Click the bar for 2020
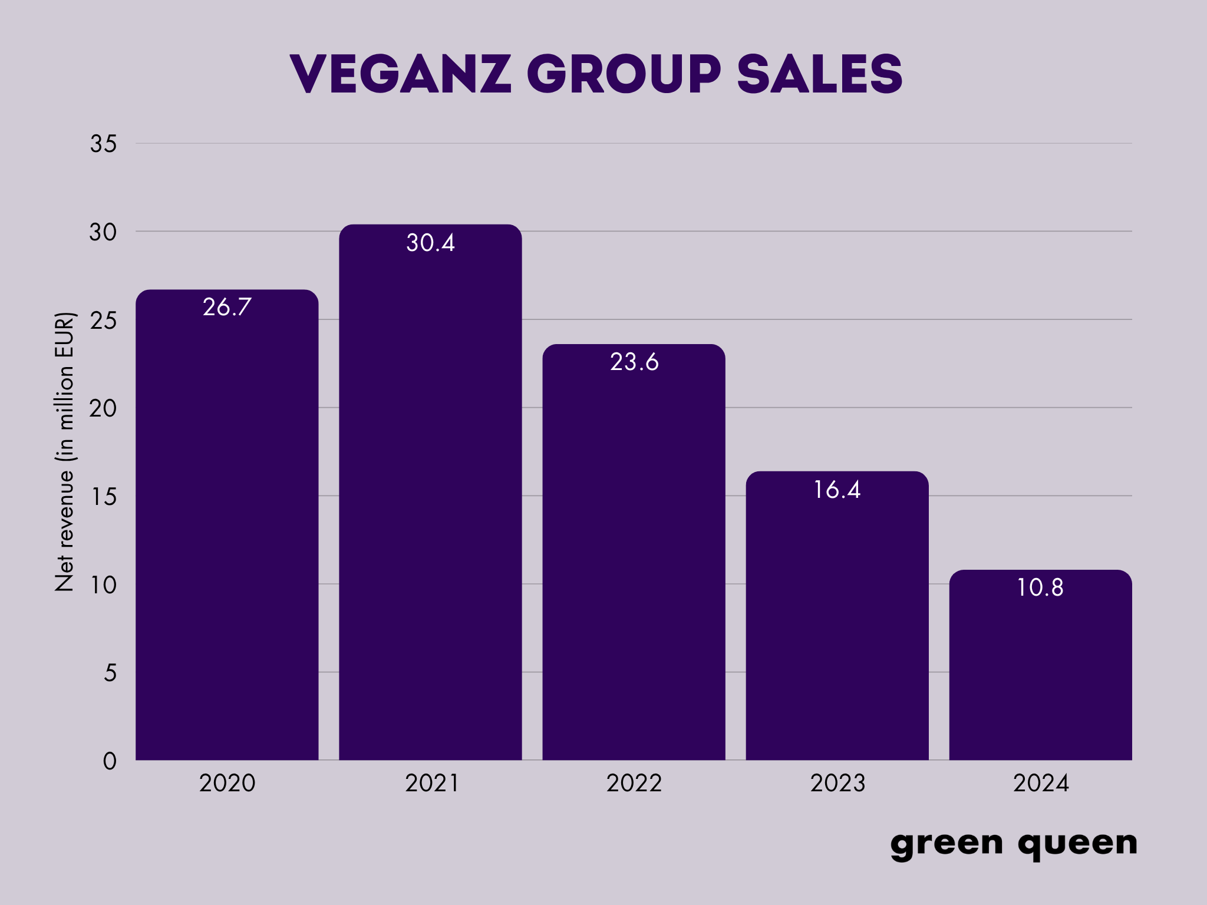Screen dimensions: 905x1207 pyautogui.click(x=227, y=530)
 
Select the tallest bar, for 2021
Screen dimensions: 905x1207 pyautogui.click(x=430, y=501)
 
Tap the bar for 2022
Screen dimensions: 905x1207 pyautogui.click(x=634, y=560)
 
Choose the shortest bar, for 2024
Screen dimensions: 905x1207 pyautogui.click(x=1040, y=672)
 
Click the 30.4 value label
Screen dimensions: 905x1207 pyautogui.click(x=430, y=243)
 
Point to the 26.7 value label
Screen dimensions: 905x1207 pyautogui.click(x=227, y=307)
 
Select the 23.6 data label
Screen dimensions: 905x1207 pyautogui.click(x=634, y=362)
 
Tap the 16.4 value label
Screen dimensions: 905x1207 pyautogui.click(x=837, y=490)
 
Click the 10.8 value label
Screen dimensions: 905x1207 pyautogui.click(x=1040, y=587)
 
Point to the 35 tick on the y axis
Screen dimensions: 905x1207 pyautogui.click(x=104, y=144)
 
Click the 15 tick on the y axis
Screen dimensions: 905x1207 pyautogui.click(x=104, y=497)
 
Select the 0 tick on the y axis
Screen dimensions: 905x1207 pyautogui.click(x=110, y=761)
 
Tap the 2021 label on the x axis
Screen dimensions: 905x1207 pyautogui.click(x=431, y=783)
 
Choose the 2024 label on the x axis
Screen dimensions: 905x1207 pyautogui.click(x=1041, y=783)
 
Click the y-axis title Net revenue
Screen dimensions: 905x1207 pyautogui.click(x=65, y=451)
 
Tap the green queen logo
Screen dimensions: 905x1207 pyautogui.click(x=1014, y=844)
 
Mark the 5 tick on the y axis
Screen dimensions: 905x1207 pyautogui.click(x=110, y=673)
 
